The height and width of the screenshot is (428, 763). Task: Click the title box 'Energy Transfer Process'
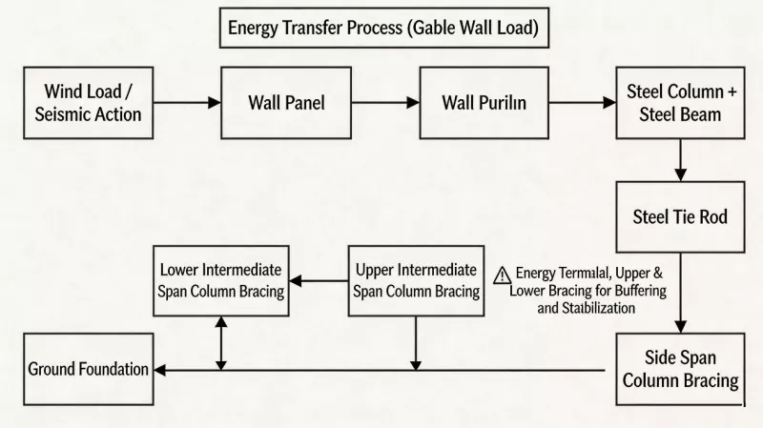[x=384, y=28]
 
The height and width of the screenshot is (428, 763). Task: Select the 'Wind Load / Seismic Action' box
[x=89, y=103]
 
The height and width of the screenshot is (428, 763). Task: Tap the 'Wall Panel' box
[x=286, y=103]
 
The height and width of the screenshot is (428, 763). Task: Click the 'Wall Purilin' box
[x=485, y=103]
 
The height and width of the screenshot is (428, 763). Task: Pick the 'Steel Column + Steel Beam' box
[x=680, y=103]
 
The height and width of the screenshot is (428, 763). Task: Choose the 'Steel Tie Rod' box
[x=680, y=217]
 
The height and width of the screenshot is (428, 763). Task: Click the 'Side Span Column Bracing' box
[x=680, y=369]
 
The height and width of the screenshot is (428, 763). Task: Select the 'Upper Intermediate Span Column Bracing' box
[x=416, y=280]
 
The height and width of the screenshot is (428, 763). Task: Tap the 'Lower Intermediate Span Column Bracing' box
[x=221, y=280]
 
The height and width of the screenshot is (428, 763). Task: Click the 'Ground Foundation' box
[x=89, y=369]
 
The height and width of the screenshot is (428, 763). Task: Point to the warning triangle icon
[x=503, y=275]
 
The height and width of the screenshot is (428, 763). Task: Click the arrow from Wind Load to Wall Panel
[x=187, y=103]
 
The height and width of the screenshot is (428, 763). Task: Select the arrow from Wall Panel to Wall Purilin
[x=385, y=103]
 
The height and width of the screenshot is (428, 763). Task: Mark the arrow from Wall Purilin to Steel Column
[x=583, y=103]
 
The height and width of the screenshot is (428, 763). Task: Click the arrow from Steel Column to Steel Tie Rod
[x=680, y=160]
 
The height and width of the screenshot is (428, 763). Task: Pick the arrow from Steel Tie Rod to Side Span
[x=680, y=293]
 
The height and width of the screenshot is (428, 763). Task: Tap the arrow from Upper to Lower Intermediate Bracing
[x=319, y=280]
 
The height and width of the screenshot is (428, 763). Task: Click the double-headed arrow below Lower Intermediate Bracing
[x=221, y=343]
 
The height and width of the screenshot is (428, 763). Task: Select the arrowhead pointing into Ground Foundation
[x=160, y=370]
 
